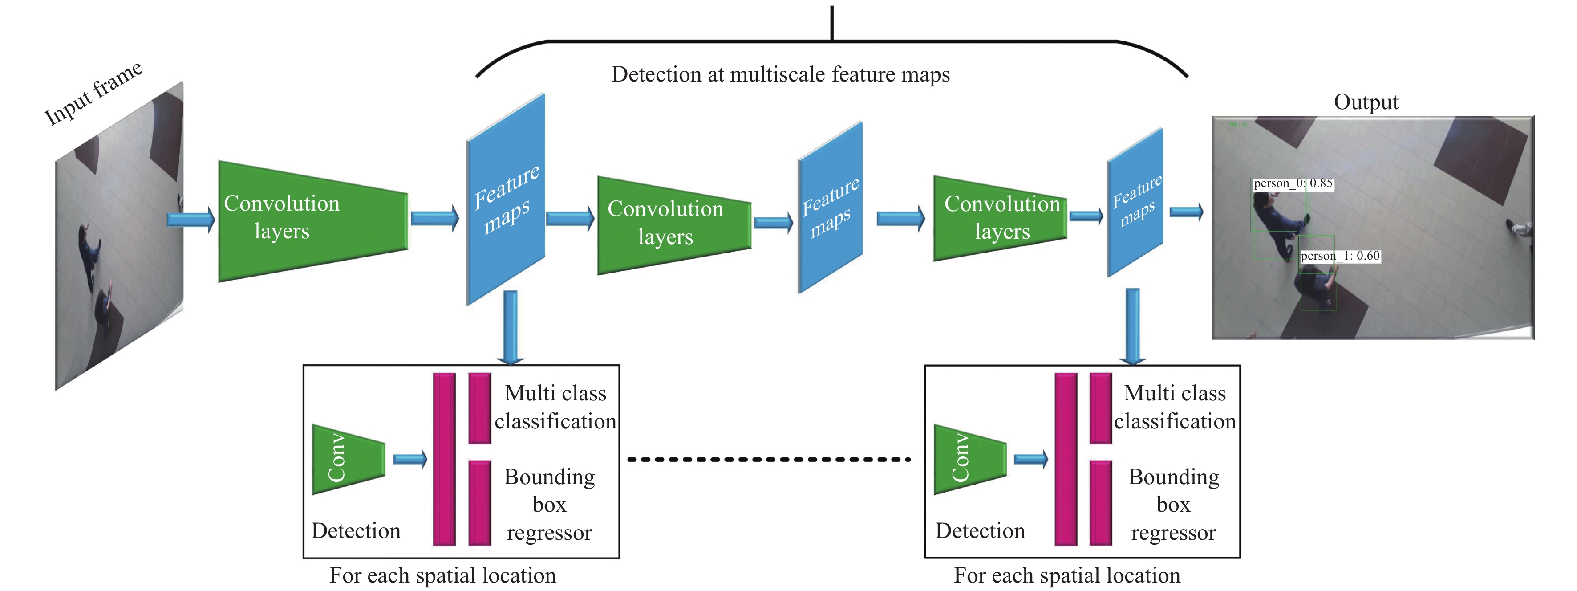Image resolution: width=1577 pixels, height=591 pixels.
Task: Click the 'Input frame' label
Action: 93,93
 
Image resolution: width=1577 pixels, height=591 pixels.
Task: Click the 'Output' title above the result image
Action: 1365,102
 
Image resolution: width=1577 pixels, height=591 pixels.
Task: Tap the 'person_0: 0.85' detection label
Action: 1292,183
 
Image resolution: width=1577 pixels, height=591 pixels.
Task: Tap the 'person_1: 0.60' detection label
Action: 1339,256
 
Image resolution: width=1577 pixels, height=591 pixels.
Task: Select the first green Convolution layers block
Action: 312,220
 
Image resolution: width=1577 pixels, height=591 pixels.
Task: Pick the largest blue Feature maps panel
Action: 506,199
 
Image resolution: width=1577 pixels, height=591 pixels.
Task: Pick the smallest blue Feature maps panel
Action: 1135,202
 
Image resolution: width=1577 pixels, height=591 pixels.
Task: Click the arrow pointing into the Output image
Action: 1186,212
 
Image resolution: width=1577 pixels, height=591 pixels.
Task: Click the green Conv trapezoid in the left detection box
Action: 348,459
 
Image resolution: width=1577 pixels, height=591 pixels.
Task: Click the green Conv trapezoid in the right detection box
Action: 969,459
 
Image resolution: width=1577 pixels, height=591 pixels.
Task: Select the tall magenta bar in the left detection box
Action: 445,459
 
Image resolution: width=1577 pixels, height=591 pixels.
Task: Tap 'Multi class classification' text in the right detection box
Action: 1174,407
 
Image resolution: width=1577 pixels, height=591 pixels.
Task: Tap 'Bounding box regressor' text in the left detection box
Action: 549,505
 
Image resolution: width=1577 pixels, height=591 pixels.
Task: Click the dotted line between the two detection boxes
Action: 769,459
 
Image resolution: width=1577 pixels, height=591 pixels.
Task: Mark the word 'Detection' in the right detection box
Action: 980,531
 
